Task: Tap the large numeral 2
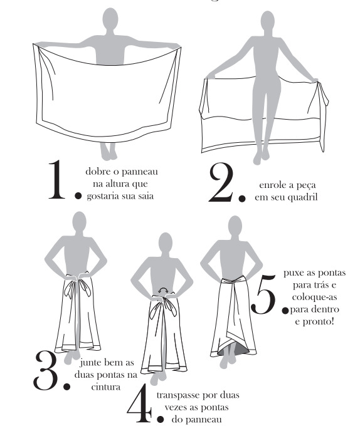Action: (x=223, y=181)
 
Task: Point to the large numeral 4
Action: (x=139, y=405)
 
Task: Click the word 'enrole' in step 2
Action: (x=270, y=185)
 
